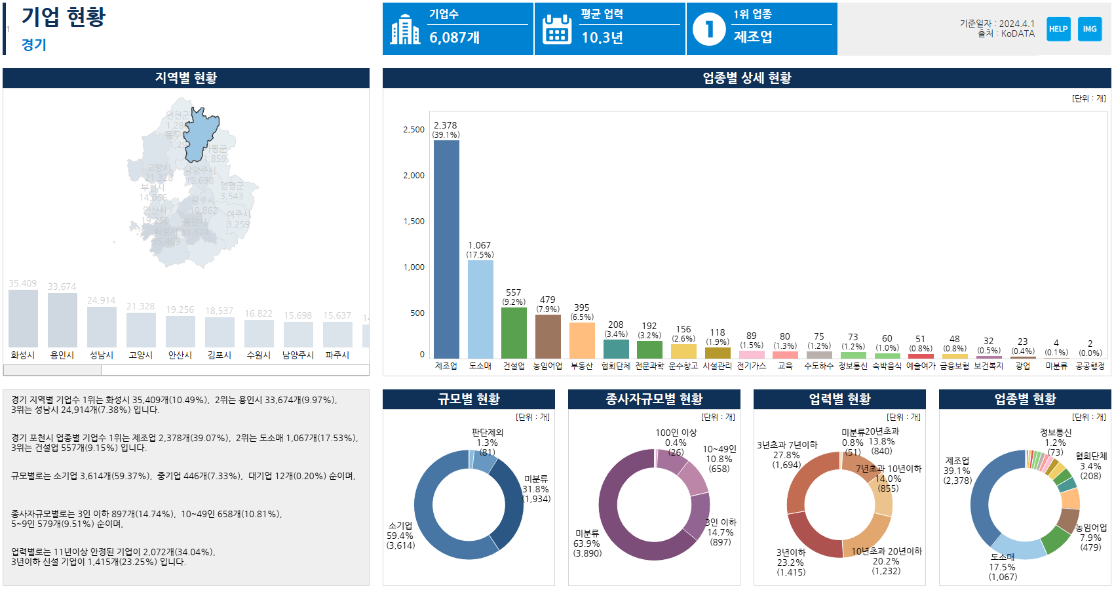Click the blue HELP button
pyautogui.click(x=1058, y=29)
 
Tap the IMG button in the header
pyautogui.click(x=1090, y=29)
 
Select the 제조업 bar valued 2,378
pyautogui.click(x=446, y=249)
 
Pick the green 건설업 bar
pyautogui.click(x=514, y=333)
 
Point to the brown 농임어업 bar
pyautogui.click(x=548, y=336)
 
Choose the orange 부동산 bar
pyautogui.click(x=582, y=340)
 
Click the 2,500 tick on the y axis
pyautogui.click(x=414, y=130)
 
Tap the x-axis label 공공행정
pyautogui.click(x=1090, y=366)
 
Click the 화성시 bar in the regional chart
pyautogui.click(x=23, y=319)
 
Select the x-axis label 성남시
pyautogui.click(x=102, y=355)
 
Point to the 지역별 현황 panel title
pyautogui.click(x=186, y=78)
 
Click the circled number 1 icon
pyautogui.click(x=709, y=29)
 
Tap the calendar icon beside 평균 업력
pyautogui.click(x=558, y=29)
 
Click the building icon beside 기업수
pyautogui.click(x=405, y=29)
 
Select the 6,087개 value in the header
pyautogui.click(x=455, y=38)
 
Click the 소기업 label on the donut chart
pyautogui.click(x=400, y=526)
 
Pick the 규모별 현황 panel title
pyautogui.click(x=469, y=399)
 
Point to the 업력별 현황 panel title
pyautogui.click(x=839, y=399)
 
